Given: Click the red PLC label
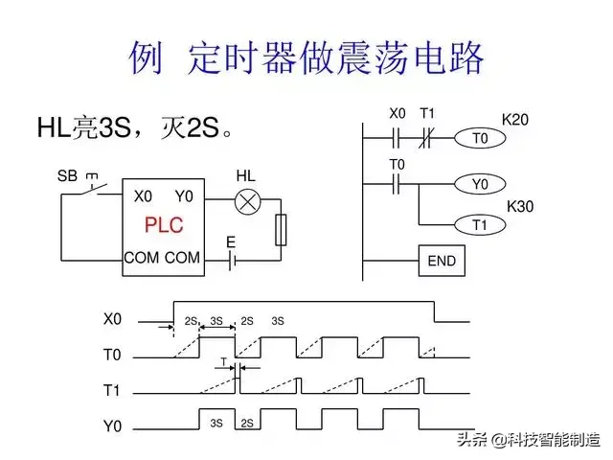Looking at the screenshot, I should pos(163,226).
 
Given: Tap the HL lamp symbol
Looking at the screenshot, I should pos(248,201).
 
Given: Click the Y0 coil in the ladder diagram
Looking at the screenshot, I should pos(480,183).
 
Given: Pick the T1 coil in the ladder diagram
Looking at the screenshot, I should pos(480,225).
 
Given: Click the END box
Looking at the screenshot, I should pos(442,261).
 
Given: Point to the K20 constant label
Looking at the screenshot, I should pos(515,120).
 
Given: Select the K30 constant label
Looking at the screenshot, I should pos(519,206).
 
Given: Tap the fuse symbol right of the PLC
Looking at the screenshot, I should pos(281,230).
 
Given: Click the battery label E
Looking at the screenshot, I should pos(231,242).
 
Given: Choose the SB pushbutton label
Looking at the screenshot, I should pos(67,175).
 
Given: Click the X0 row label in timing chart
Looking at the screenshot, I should pos(113,318).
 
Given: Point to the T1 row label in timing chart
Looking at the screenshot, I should pos(113,390).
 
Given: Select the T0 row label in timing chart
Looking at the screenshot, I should pos(113,355).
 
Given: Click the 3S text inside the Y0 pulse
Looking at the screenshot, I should pos(216,423).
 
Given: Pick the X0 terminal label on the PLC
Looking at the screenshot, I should pos(143,196).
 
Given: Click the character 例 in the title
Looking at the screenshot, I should pos(147,57).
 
